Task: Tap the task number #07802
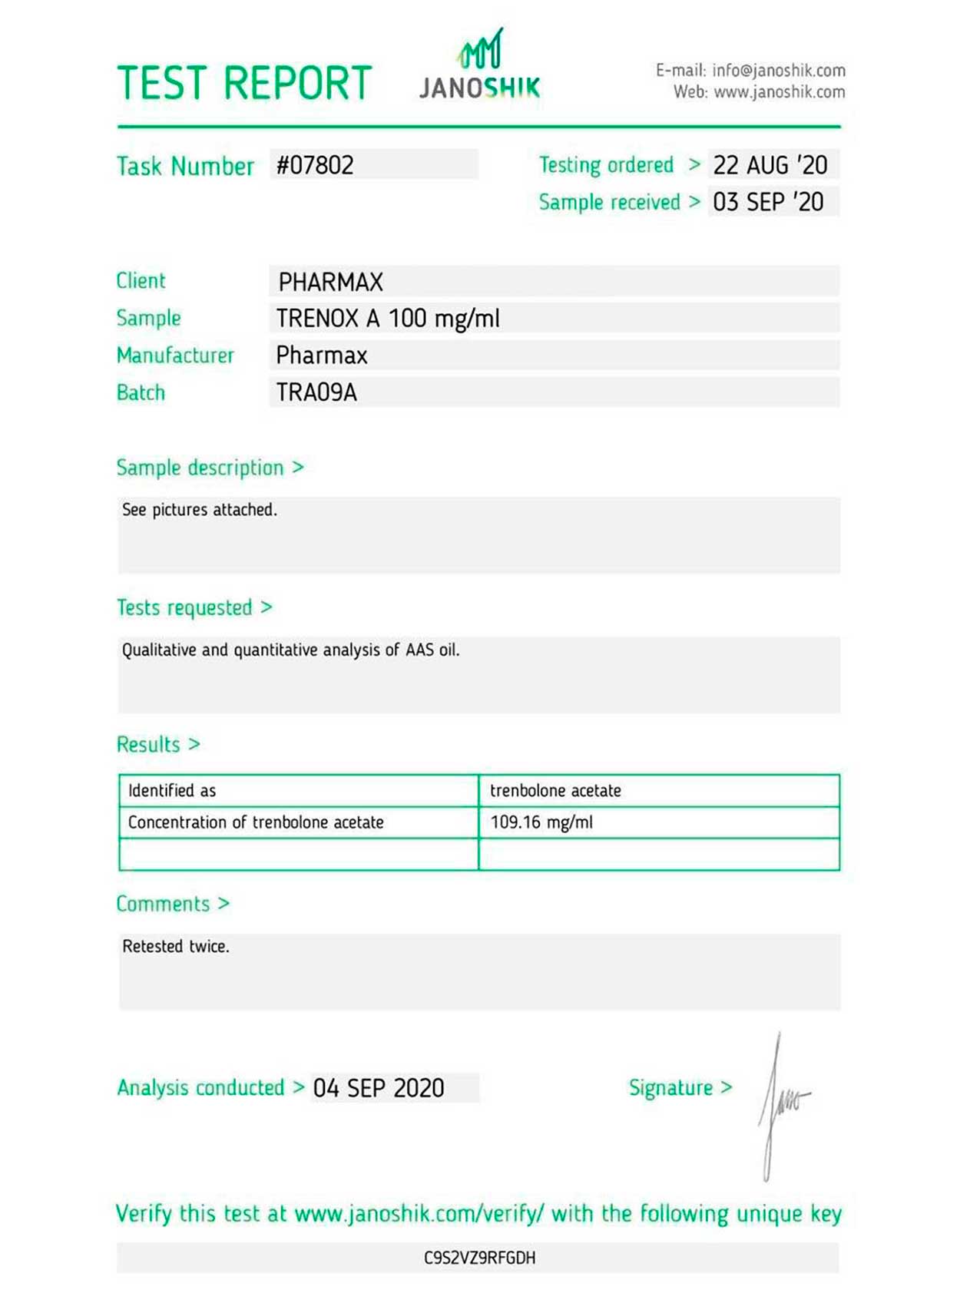(315, 165)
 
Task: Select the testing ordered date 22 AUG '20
(770, 165)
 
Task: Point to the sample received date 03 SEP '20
(768, 202)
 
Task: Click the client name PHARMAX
(330, 282)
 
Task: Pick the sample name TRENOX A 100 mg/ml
(388, 318)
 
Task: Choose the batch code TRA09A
(316, 392)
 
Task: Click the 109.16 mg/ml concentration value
(541, 822)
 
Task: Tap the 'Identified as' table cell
(172, 790)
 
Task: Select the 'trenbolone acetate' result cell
(555, 790)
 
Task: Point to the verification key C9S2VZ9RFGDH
(479, 1258)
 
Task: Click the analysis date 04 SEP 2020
(379, 1088)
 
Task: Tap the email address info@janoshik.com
(778, 71)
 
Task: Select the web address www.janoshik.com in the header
(779, 92)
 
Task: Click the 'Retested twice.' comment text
(176, 946)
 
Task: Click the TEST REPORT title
(244, 83)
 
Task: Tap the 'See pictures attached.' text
(199, 509)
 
